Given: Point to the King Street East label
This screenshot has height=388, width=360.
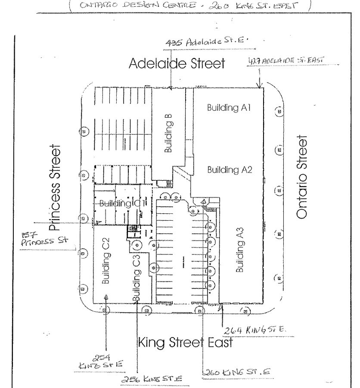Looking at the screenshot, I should [x=186, y=343].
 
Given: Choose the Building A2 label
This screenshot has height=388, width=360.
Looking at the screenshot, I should [x=229, y=169].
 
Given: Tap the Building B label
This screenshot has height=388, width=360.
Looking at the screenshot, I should [x=168, y=133].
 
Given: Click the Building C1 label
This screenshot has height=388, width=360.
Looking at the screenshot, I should [x=122, y=203].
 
